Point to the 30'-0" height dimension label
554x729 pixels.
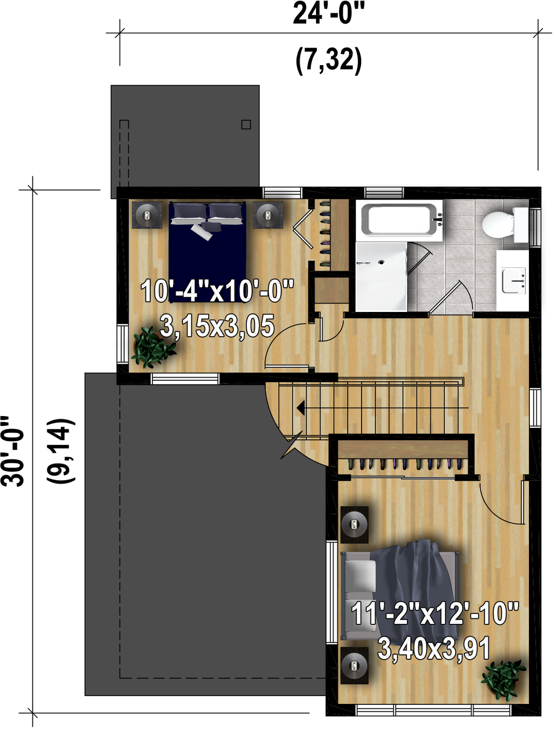[x=13, y=451]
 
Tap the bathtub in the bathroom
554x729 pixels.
[x=402, y=220]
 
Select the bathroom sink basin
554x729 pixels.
[x=513, y=281]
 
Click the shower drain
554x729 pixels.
[x=381, y=262]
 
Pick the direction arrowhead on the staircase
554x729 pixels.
[x=301, y=408]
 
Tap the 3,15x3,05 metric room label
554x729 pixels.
[x=217, y=326]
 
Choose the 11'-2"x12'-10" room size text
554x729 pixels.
[x=435, y=613]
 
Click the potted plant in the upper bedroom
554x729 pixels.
[x=152, y=347]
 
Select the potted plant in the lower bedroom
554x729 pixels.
[x=504, y=679]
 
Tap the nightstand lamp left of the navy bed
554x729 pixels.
[x=147, y=215]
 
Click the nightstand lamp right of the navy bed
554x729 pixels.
[x=268, y=215]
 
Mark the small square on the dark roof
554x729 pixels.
[x=246, y=125]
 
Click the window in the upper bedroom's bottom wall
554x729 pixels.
[x=185, y=379]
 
